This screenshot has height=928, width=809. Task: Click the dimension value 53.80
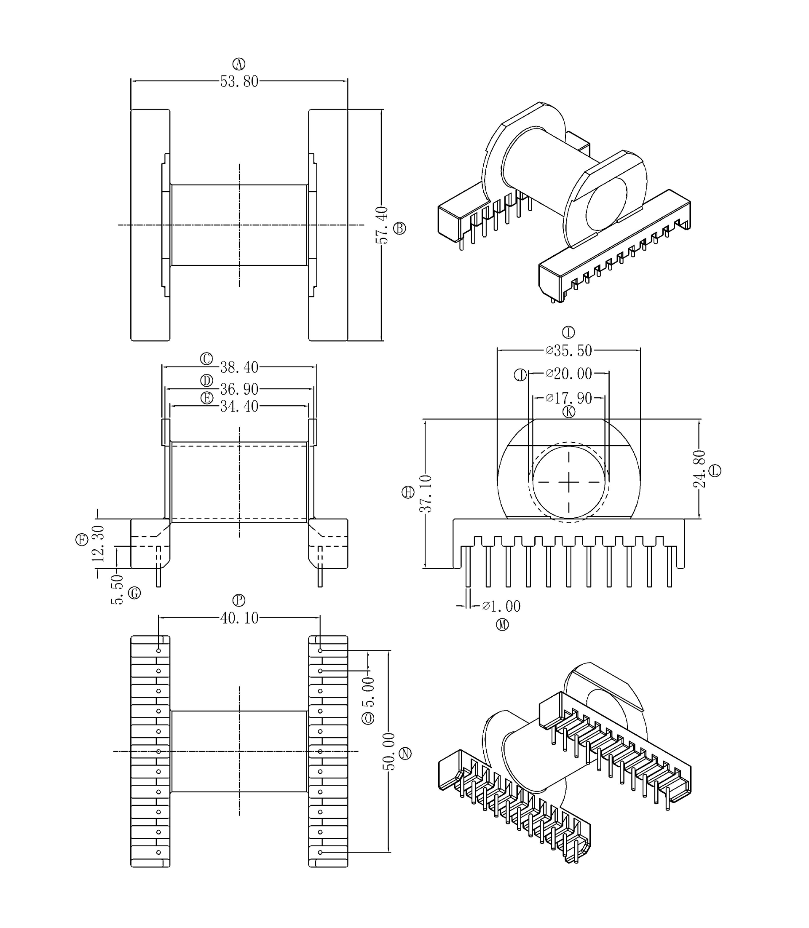click(239, 82)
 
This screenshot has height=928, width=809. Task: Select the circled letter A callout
click(239, 64)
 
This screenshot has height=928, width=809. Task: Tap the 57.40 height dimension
click(382, 225)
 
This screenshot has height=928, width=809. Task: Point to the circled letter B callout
click(399, 228)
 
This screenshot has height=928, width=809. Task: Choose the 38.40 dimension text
click(239, 367)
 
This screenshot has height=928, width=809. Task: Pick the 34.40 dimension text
click(239, 406)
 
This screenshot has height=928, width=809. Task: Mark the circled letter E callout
click(207, 398)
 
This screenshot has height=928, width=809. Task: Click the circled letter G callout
click(134, 593)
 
